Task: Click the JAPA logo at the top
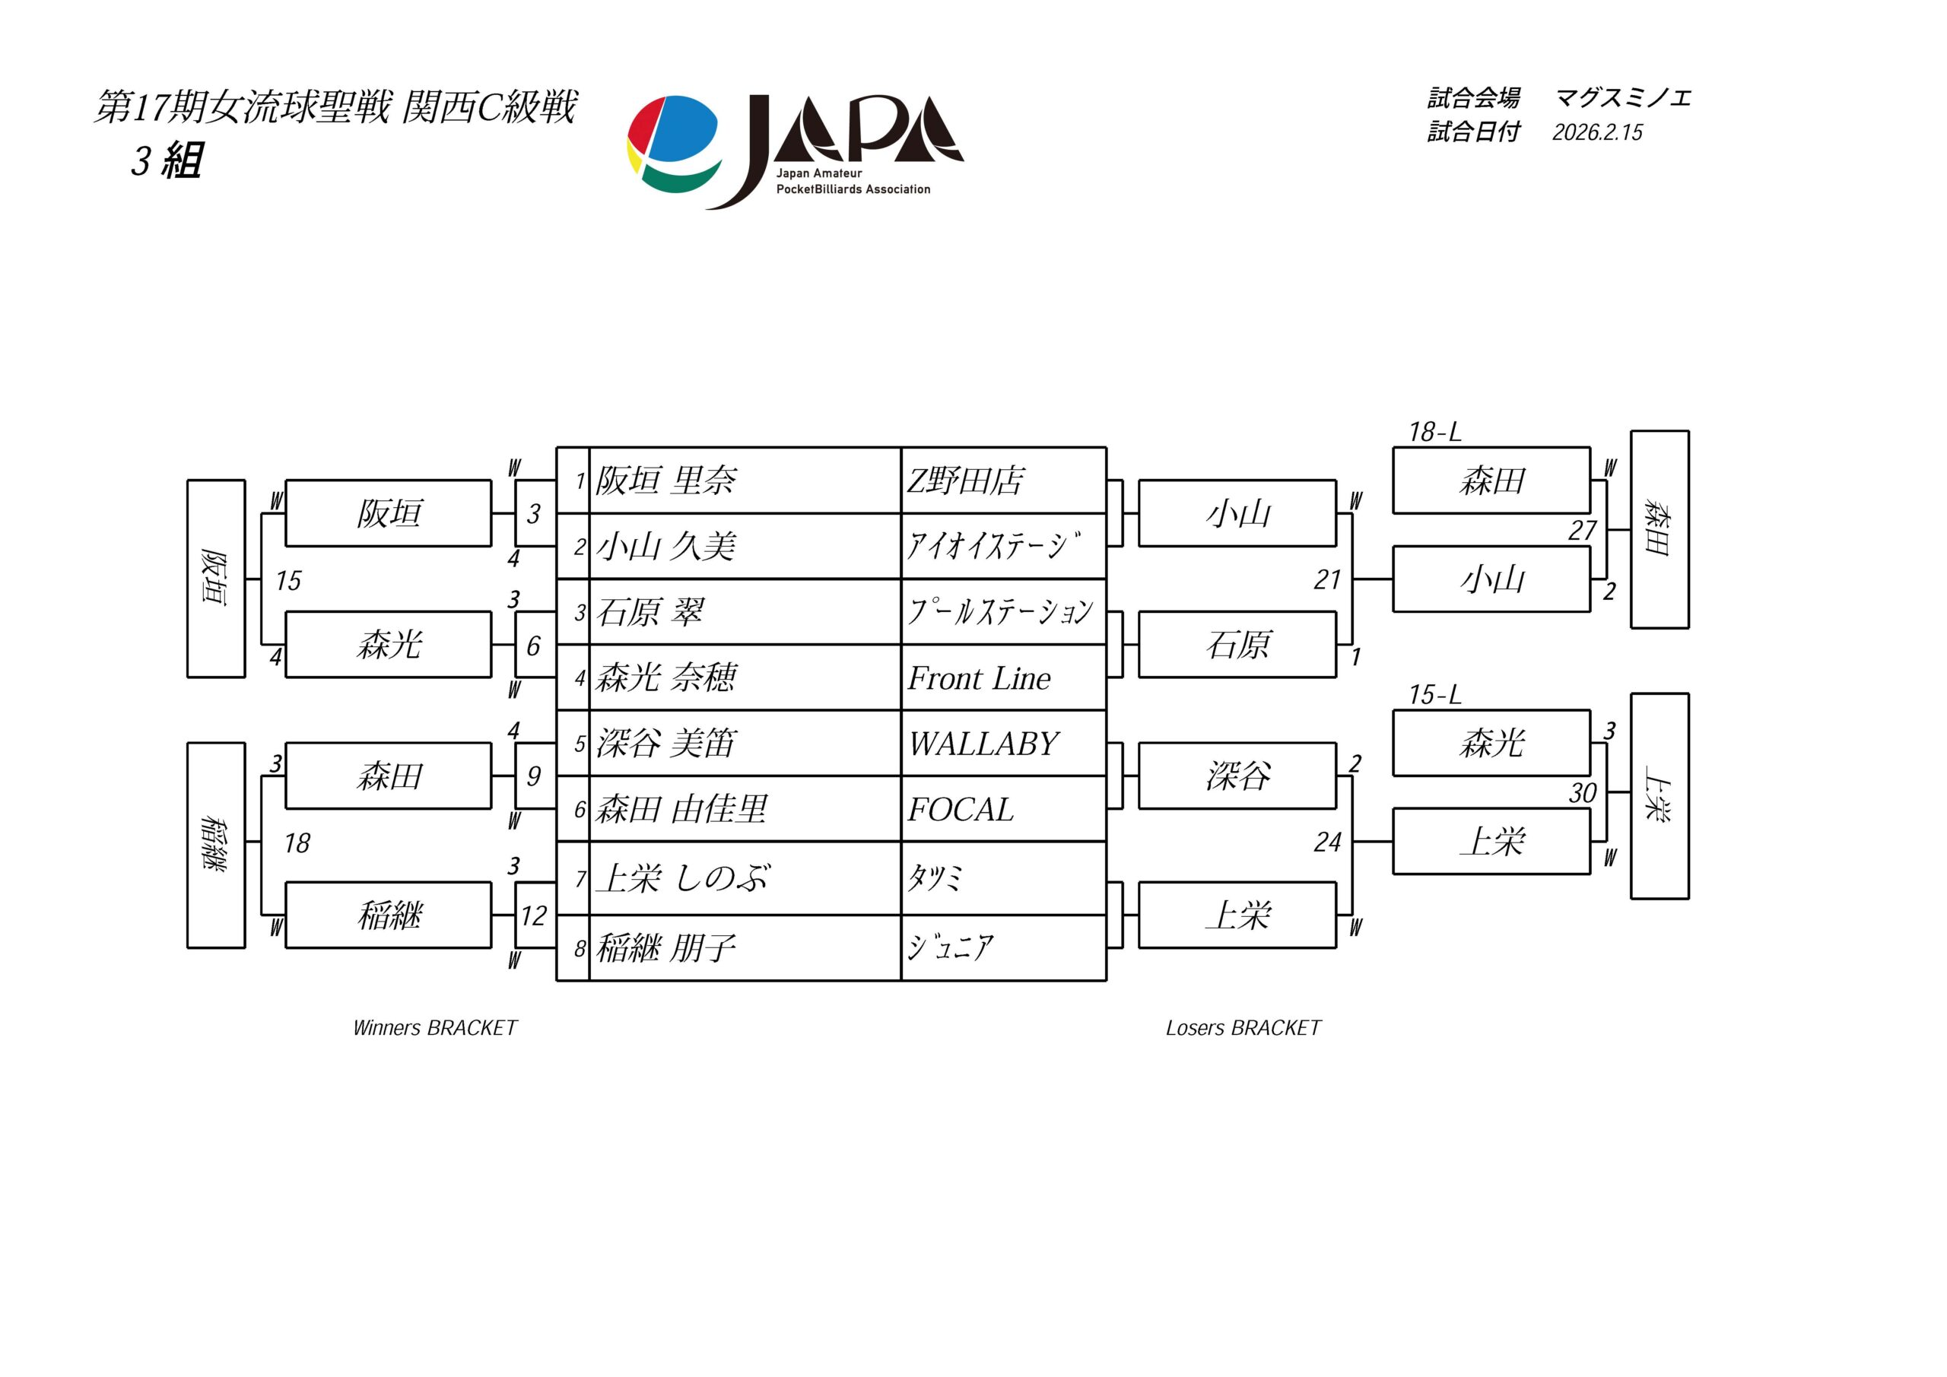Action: pos(796,151)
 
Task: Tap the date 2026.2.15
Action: pos(1597,133)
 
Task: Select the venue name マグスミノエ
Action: pos(1622,98)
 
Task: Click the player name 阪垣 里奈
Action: pos(665,481)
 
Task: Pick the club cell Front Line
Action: pos(979,678)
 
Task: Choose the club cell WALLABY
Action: pos(983,744)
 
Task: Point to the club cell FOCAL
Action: pos(960,810)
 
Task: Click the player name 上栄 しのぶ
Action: pos(683,878)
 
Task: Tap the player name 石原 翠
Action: pos(650,612)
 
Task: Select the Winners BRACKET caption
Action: pos(434,1029)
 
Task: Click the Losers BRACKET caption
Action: pos(1243,1029)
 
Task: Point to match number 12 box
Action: pos(533,915)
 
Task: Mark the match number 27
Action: pos(1583,531)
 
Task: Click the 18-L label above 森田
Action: pos(1435,433)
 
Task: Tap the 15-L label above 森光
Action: pos(1435,695)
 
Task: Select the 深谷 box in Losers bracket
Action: pos(1237,776)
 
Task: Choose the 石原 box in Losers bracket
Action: pos(1237,646)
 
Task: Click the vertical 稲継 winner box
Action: pos(216,845)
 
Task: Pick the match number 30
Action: pos(1583,794)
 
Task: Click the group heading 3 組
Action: pos(167,161)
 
